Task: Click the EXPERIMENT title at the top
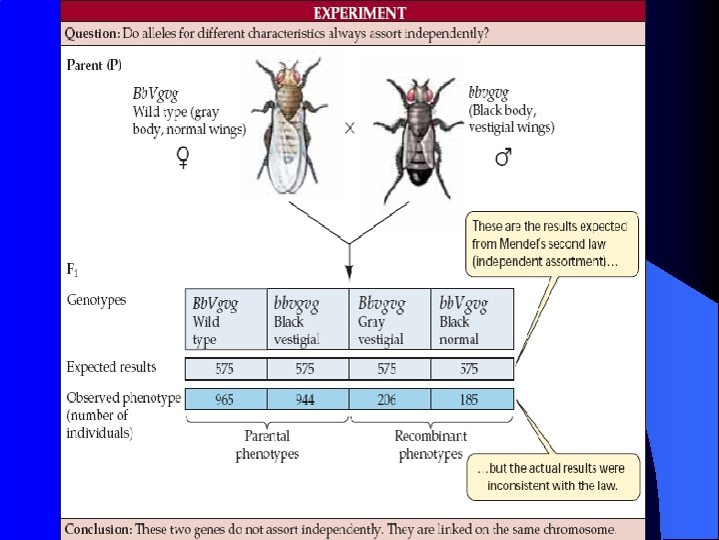(359, 13)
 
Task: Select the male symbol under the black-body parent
(503, 156)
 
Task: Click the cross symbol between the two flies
(350, 129)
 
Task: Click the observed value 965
(225, 399)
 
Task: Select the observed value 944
(305, 399)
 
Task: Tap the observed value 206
(386, 399)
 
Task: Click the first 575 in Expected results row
(225, 369)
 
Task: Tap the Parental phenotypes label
(267, 445)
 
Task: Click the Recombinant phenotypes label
(430, 445)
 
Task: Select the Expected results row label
(112, 367)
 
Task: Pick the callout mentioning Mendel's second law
(552, 244)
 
